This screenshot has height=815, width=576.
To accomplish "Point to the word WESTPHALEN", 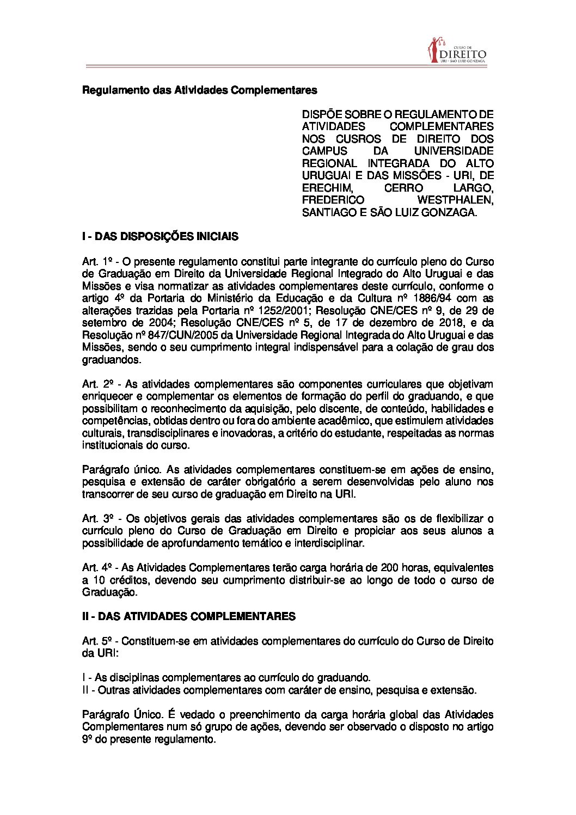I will click(x=461, y=200).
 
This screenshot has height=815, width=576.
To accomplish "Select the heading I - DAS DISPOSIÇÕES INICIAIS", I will click(x=160, y=237).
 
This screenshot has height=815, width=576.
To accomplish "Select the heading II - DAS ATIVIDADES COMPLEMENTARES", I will click(x=188, y=616).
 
